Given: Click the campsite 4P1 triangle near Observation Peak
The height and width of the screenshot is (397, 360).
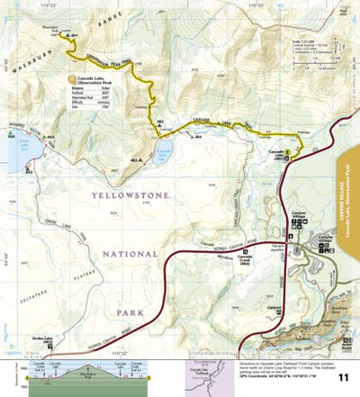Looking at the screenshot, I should point(66,36).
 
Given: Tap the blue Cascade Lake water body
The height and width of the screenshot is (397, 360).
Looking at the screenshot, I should point(164,153).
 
